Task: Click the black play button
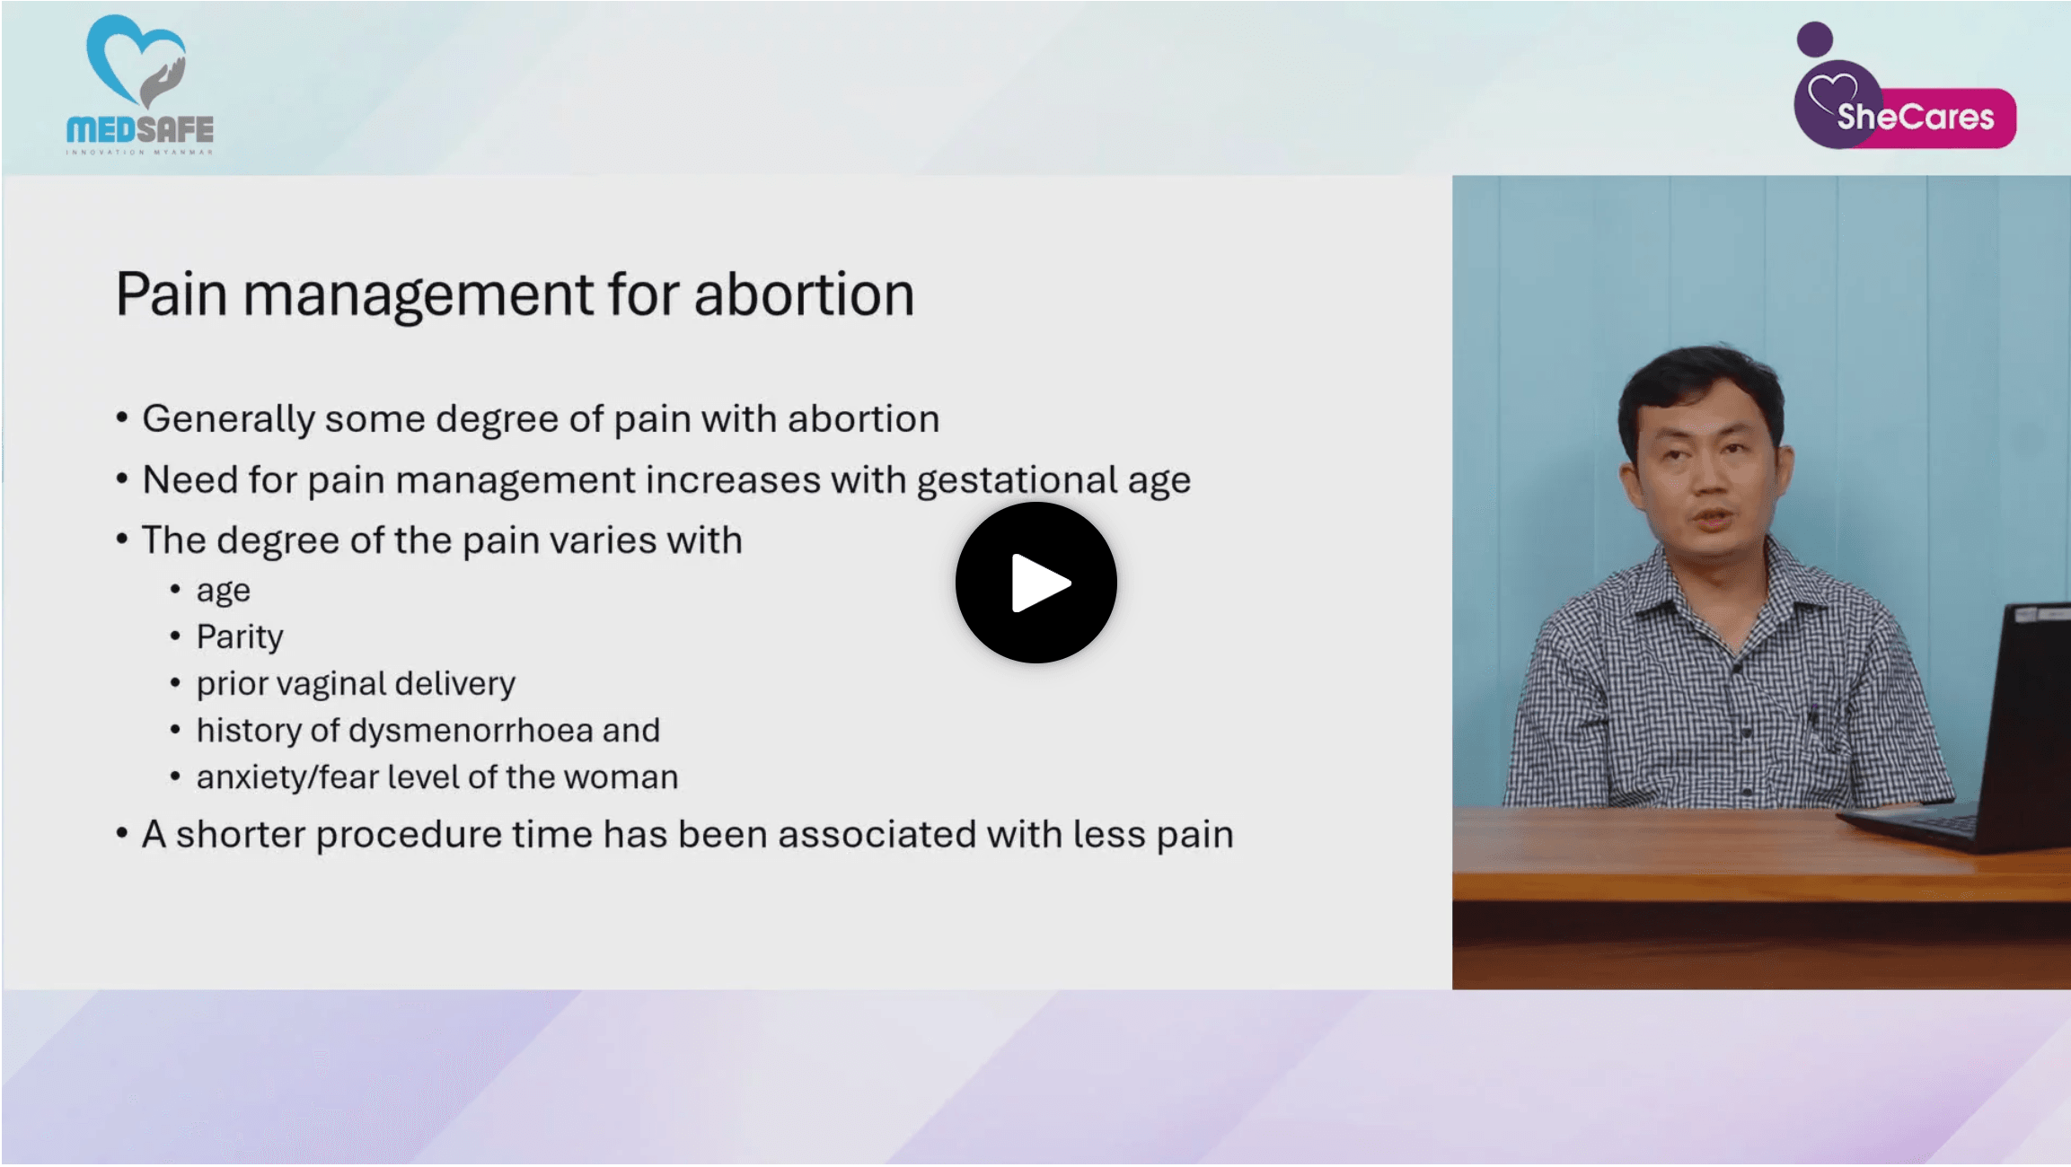tap(1035, 583)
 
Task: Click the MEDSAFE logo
tap(139, 85)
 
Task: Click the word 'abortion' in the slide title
tap(804, 294)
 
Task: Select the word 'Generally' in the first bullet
tap(228, 419)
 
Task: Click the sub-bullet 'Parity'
tap(240, 636)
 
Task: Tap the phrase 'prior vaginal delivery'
tap(356, 684)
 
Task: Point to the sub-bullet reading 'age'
tap(223, 591)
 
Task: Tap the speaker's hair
tap(1697, 377)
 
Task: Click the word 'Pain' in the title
tap(171, 294)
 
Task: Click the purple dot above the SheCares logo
tap(1814, 39)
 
